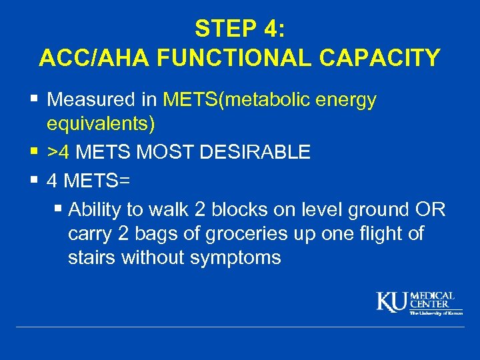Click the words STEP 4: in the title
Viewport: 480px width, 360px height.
[239, 28]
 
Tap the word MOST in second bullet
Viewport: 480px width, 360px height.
[156, 153]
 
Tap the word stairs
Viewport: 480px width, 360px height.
[92, 258]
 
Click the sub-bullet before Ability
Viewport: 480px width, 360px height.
[58, 209]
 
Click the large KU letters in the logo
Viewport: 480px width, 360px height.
[393, 302]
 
